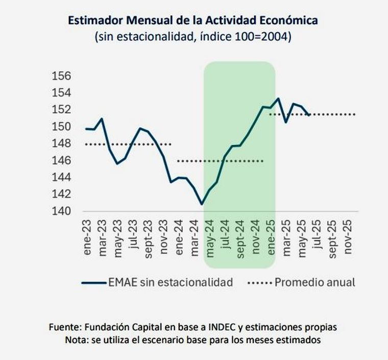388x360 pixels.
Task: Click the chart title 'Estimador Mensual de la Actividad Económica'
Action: (192, 20)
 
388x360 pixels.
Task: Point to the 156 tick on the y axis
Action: (62, 76)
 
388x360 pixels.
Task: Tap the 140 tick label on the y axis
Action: (62, 211)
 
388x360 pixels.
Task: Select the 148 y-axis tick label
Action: (62, 143)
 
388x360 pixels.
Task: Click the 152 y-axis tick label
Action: (62, 110)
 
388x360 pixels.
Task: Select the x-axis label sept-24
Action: (239, 235)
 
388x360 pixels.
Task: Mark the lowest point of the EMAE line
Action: (202, 204)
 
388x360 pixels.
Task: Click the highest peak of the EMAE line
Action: (278, 99)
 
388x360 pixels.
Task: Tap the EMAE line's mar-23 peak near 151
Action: (102, 119)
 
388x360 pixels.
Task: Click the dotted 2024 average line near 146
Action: (220, 161)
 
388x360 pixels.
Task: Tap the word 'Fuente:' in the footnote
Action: (65, 327)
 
